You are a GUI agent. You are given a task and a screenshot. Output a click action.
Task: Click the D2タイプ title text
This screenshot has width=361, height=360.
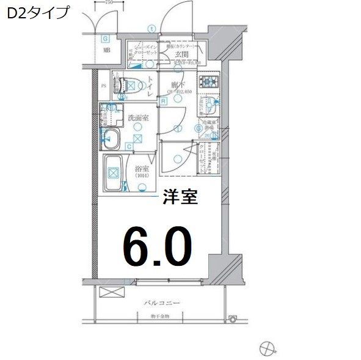coord(37,13)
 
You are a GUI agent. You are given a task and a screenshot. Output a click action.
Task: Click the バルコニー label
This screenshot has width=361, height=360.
coord(161,303)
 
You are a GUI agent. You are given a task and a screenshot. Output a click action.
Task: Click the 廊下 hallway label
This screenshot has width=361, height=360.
coord(176,84)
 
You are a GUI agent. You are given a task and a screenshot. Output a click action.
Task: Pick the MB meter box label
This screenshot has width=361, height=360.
coord(106,50)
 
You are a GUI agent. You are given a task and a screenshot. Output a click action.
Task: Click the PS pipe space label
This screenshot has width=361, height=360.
coord(104,86)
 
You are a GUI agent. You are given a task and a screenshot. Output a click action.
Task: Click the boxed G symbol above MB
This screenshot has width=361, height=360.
coord(105,38)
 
